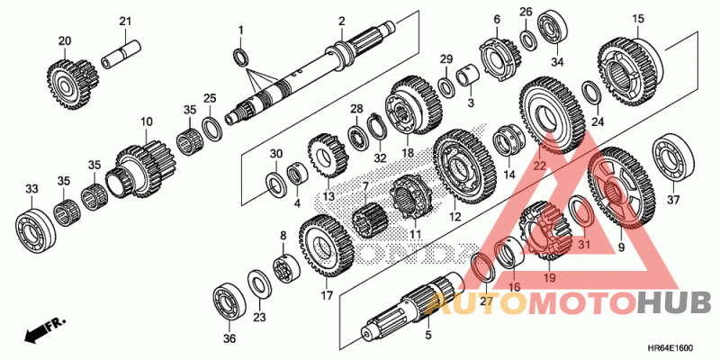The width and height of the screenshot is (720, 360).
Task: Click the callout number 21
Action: (125, 22)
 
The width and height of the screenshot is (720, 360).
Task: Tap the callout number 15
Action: (638, 19)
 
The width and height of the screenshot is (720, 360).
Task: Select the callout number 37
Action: (674, 200)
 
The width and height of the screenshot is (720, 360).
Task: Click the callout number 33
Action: (31, 189)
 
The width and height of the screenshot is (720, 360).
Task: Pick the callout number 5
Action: (427, 335)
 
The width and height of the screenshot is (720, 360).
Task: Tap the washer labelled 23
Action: (256, 286)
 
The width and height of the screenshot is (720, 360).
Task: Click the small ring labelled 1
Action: (241, 58)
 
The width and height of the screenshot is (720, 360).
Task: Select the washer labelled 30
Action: (274, 186)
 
